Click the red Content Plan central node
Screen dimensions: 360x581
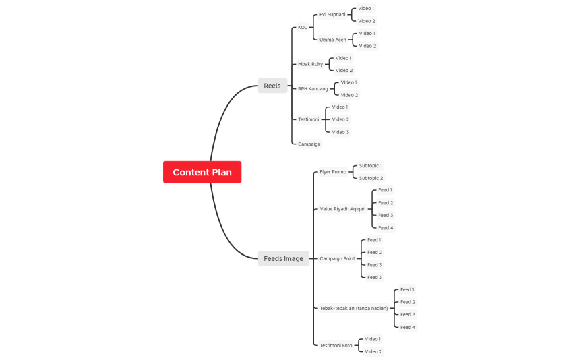(x=202, y=172)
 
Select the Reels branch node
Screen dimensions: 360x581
(x=272, y=86)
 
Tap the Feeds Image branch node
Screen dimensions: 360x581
(x=283, y=258)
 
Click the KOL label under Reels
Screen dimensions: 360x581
(x=303, y=28)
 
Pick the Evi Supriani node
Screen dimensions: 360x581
(x=332, y=14)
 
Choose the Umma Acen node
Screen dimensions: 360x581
(x=333, y=40)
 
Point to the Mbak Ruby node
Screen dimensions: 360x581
(x=311, y=64)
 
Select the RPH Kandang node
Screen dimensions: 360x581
(x=313, y=88)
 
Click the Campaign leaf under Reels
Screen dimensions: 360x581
(x=309, y=144)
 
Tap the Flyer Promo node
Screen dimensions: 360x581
(x=333, y=172)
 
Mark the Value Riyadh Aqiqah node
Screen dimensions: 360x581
(x=342, y=209)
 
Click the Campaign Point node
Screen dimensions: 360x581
(x=337, y=258)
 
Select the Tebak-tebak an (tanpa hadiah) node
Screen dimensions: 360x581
(x=354, y=308)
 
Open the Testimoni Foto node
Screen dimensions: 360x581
(x=336, y=345)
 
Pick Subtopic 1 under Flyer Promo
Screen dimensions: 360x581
(x=370, y=165)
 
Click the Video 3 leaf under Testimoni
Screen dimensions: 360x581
(x=340, y=132)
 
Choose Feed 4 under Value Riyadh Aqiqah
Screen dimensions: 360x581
(x=386, y=228)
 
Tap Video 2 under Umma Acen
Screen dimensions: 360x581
(x=367, y=46)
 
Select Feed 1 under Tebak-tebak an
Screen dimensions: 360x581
(x=408, y=289)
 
